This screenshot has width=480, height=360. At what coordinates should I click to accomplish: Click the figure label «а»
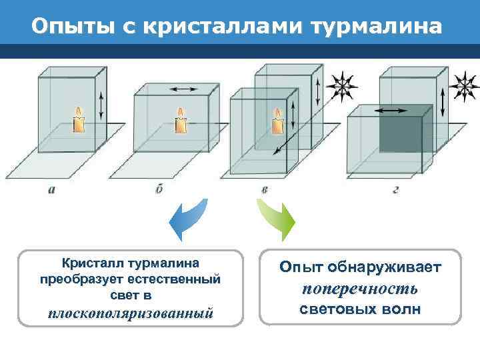point(52,189)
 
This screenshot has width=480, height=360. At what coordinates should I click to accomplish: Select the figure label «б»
point(159,189)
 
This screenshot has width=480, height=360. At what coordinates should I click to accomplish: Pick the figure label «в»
point(265,189)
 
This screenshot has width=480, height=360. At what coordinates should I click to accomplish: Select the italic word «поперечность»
point(360,289)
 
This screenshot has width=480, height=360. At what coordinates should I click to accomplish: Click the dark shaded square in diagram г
point(401,135)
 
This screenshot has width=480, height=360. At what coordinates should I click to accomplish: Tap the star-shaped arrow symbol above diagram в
point(345,86)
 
